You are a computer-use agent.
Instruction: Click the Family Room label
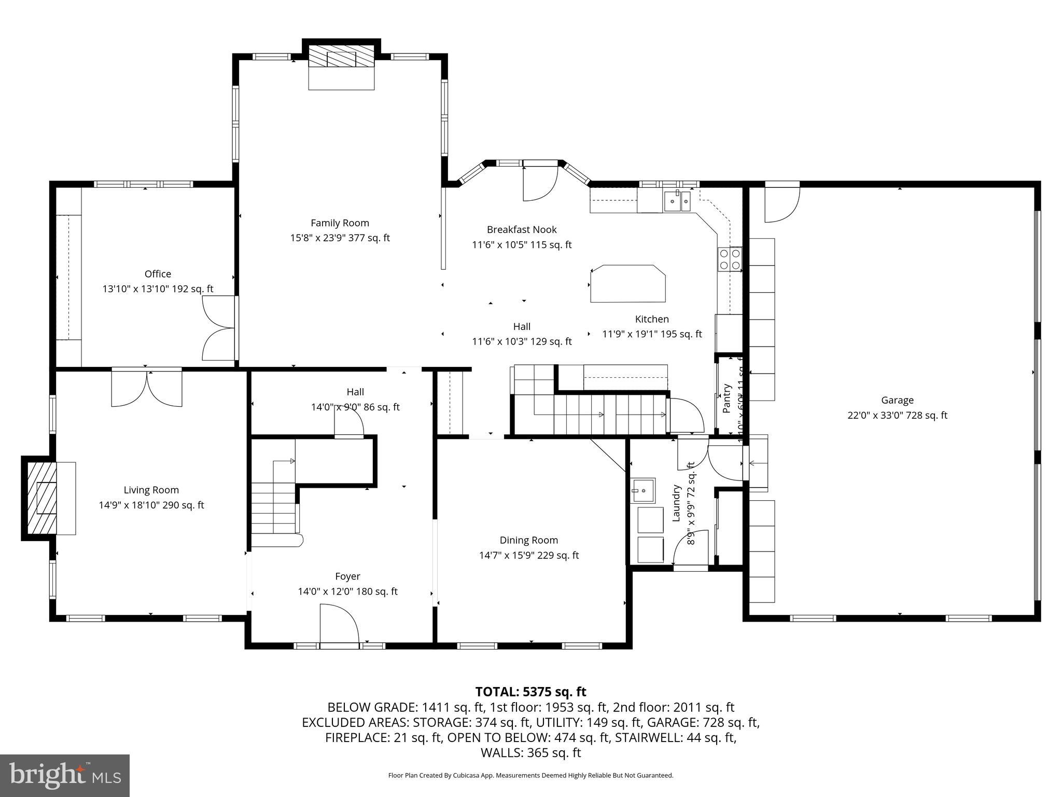[x=340, y=223]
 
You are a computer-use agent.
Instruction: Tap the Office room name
[x=158, y=274]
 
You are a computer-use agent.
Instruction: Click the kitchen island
[x=627, y=283]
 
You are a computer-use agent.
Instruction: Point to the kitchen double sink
[x=678, y=201]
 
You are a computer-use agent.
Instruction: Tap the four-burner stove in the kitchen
[x=730, y=259]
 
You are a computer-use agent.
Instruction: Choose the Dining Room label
[x=528, y=540]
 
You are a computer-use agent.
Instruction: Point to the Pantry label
[x=727, y=398]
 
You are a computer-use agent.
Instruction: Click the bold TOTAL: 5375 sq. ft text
[x=530, y=692]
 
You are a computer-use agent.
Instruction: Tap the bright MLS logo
[x=64, y=775]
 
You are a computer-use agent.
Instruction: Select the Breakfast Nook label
[x=521, y=229]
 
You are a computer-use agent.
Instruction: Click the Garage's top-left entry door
[x=782, y=202]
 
